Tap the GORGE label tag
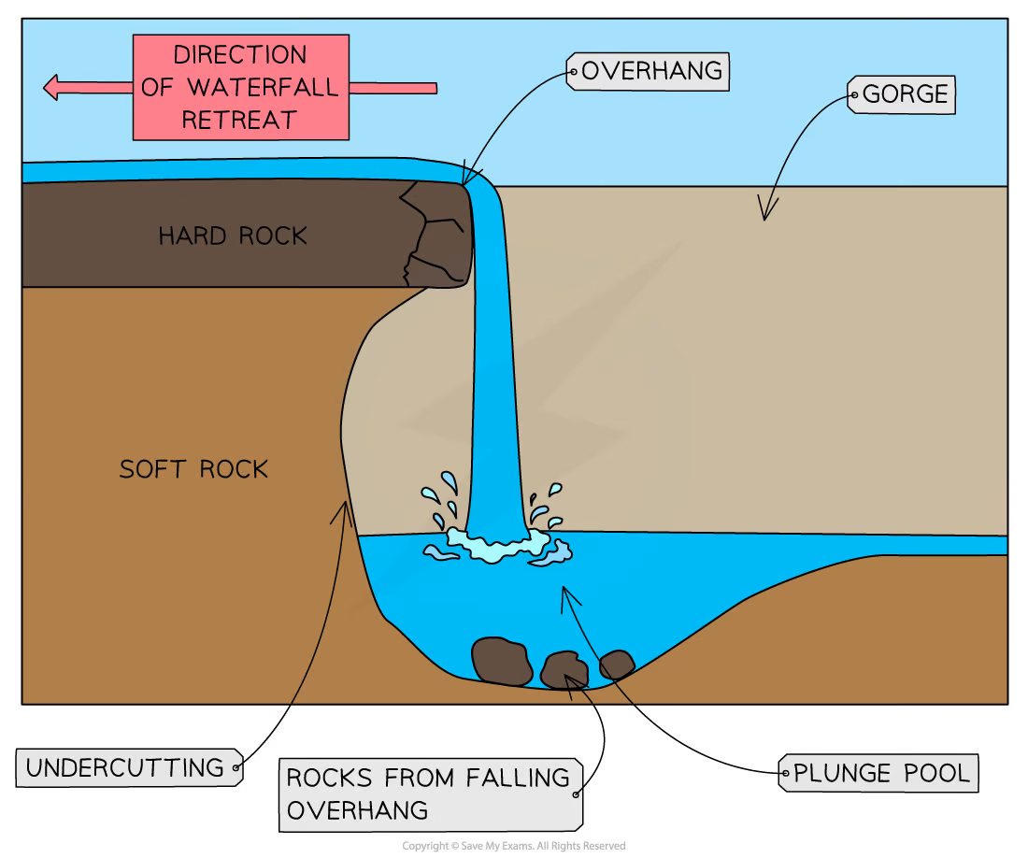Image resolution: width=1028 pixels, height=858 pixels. [903, 94]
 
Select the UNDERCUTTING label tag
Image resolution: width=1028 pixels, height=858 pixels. [129, 768]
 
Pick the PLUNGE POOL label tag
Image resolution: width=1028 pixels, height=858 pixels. [878, 774]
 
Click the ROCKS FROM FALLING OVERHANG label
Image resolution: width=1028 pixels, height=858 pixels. [429, 794]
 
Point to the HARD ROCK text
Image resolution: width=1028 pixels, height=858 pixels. [233, 236]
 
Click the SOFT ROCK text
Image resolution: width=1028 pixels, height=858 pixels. [193, 468]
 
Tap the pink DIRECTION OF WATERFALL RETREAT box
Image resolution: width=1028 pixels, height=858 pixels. [240, 88]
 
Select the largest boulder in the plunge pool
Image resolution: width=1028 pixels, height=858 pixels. [503, 659]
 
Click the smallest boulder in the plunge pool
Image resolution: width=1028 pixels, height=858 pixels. [617, 665]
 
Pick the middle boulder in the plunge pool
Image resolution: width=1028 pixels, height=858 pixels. [564, 670]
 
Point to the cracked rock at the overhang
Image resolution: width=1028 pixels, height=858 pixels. [435, 234]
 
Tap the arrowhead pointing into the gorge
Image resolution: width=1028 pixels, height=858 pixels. [765, 213]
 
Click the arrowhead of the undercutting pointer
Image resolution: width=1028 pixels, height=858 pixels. [345, 508]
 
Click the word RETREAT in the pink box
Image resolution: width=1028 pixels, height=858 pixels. [239, 120]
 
